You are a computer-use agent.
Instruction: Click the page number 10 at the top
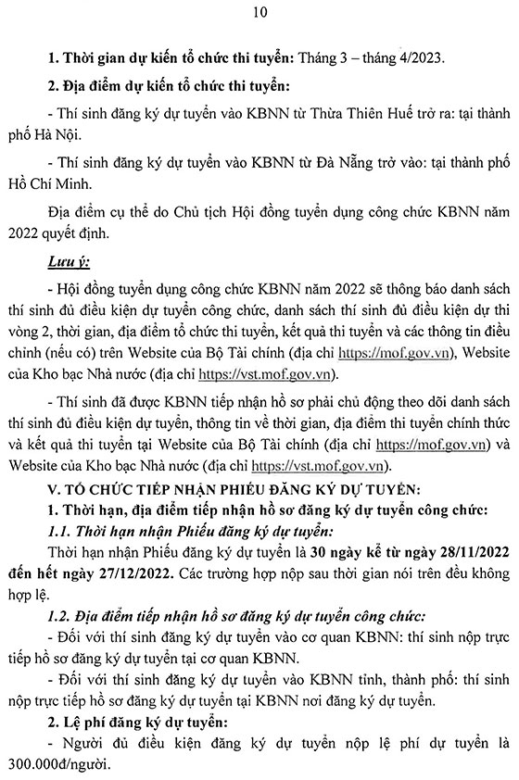259,12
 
